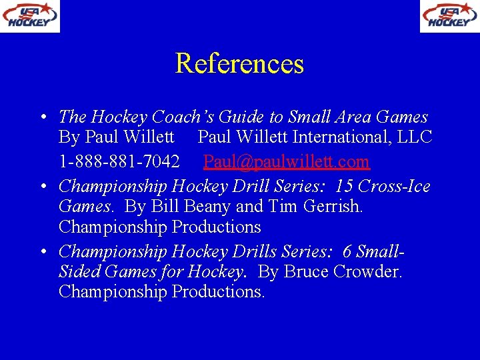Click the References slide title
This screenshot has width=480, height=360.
point(239,64)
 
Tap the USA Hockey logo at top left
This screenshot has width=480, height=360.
point(30,16)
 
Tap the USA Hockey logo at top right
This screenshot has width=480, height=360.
point(449,16)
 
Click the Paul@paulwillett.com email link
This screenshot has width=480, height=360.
point(286,161)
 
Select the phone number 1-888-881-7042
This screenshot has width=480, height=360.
point(119,161)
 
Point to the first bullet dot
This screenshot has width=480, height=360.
point(41,117)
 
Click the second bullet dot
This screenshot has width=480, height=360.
point(41,186)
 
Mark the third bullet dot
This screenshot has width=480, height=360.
point(41,251)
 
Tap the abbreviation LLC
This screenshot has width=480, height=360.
point(415,138)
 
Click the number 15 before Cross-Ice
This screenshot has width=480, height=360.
point(345,185)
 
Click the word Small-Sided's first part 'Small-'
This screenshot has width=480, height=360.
point(381,251)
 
